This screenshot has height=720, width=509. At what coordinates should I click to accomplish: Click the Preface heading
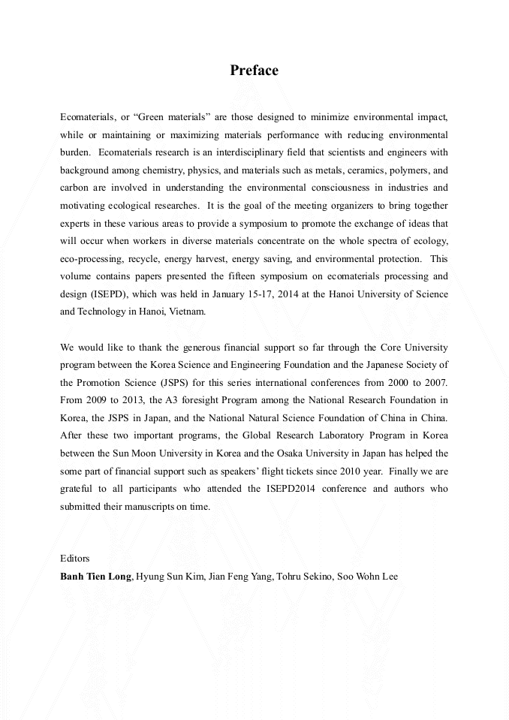point(254,71)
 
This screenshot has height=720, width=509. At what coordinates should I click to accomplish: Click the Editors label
point(74,558)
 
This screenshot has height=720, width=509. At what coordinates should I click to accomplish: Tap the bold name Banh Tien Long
point(95,577)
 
